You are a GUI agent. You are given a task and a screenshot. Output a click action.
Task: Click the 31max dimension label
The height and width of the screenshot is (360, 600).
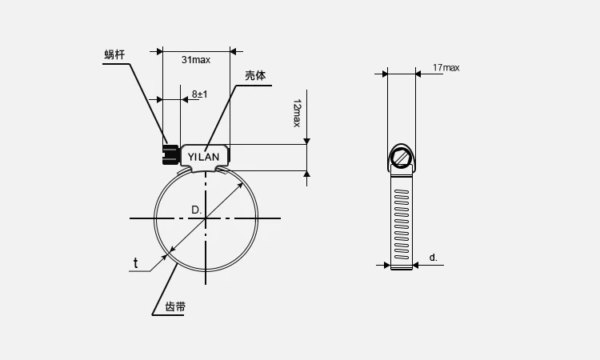[x=195, y=60]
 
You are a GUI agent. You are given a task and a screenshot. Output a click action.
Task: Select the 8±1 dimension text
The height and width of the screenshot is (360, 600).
[x=200, y=94]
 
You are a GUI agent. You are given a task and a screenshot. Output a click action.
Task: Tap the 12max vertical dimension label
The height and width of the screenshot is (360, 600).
[x=297, y=114]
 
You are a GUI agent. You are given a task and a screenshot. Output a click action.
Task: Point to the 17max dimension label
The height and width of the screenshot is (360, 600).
[x=446, y=68]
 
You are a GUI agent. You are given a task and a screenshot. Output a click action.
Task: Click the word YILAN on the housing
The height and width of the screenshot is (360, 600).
[x=203, y=157]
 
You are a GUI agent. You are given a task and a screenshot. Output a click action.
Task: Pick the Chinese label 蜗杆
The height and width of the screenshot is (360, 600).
[x=114, y=54]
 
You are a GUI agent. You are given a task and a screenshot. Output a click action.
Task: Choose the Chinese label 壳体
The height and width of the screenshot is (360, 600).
[x=255, y=75]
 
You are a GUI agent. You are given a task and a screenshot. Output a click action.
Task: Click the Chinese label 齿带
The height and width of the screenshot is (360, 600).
[x=175, y=306]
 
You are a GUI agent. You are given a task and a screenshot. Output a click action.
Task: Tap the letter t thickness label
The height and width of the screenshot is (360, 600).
[x=135, y=263]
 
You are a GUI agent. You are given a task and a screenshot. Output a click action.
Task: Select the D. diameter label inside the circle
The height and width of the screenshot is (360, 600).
[x=196, y=210]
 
